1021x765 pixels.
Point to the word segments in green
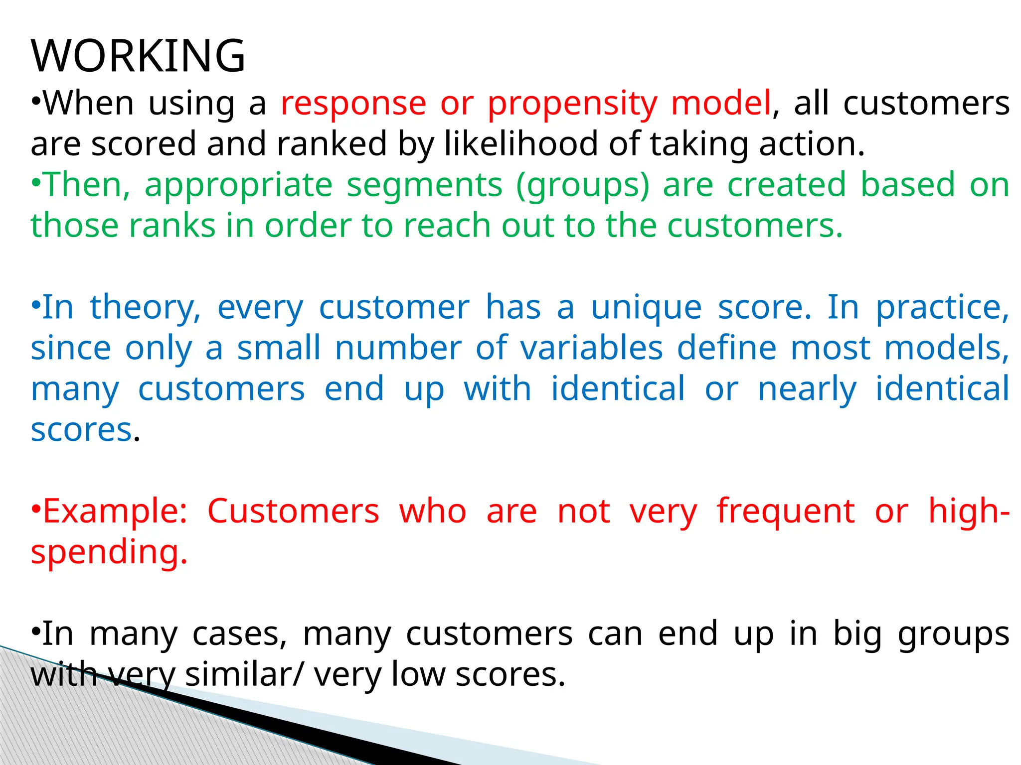pos(424,185)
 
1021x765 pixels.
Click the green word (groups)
pos(583,186)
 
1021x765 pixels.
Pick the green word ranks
pos(172,226)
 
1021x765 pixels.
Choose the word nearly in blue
pos(807,389)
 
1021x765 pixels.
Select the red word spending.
pos(109,553)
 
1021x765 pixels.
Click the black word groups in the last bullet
pos(953,636)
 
